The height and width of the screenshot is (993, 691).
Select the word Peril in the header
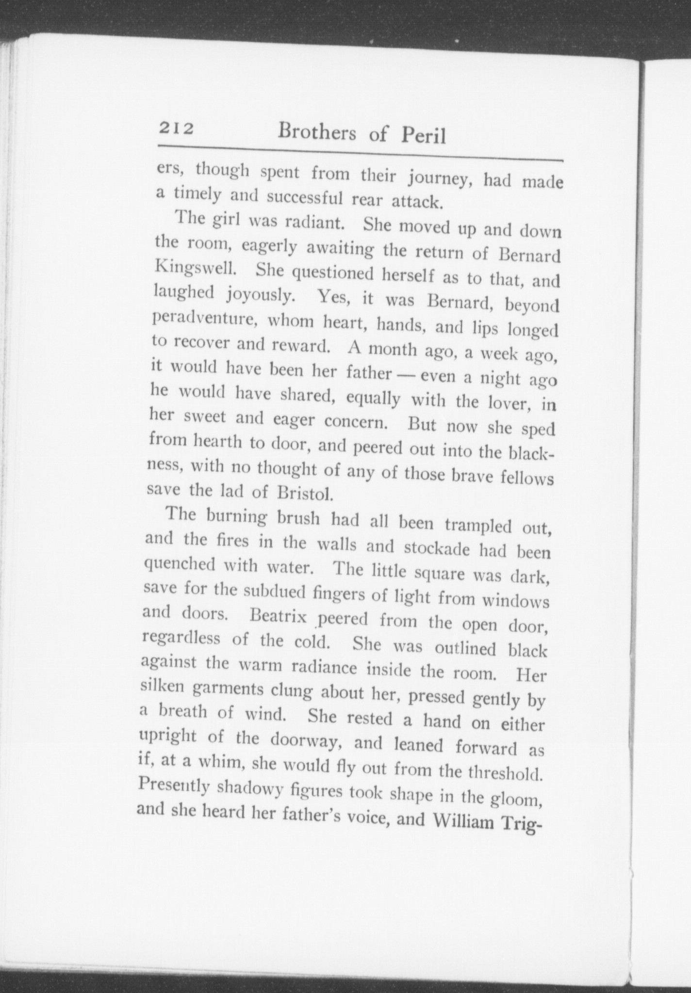[423, 137]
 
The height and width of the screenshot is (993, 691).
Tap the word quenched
[180, 564]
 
